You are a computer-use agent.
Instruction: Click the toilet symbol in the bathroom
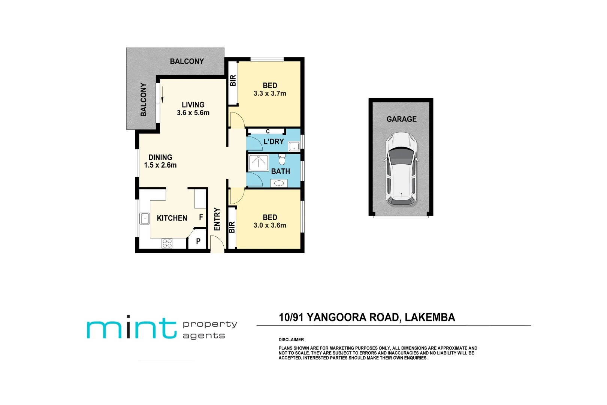point(282,160)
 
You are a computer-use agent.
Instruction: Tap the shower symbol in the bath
point(259,162)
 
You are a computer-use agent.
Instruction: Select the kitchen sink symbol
point(145,218)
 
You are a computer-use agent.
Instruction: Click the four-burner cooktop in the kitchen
point(167,243)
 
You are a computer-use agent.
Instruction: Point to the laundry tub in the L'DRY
point(294,146)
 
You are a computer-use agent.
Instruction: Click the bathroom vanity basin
point(279,183)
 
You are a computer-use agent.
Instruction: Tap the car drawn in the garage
point(401,169)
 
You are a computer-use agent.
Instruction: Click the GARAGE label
point(401,119)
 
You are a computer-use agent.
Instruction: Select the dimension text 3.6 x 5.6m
point(193,113)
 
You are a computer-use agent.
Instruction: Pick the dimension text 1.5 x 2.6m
point(160,165)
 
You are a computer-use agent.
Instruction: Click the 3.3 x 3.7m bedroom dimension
point(270,94)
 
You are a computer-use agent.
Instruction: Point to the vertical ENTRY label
point(217,219)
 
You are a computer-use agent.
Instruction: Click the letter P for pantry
point(198,241)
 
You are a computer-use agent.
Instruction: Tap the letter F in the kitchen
point(201,217)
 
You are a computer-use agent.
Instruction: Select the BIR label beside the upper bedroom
point(233,81)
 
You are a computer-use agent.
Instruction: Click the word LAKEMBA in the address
point(430,318)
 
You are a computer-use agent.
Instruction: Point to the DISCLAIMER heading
point(291,340)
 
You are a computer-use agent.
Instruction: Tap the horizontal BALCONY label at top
point(187,61)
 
